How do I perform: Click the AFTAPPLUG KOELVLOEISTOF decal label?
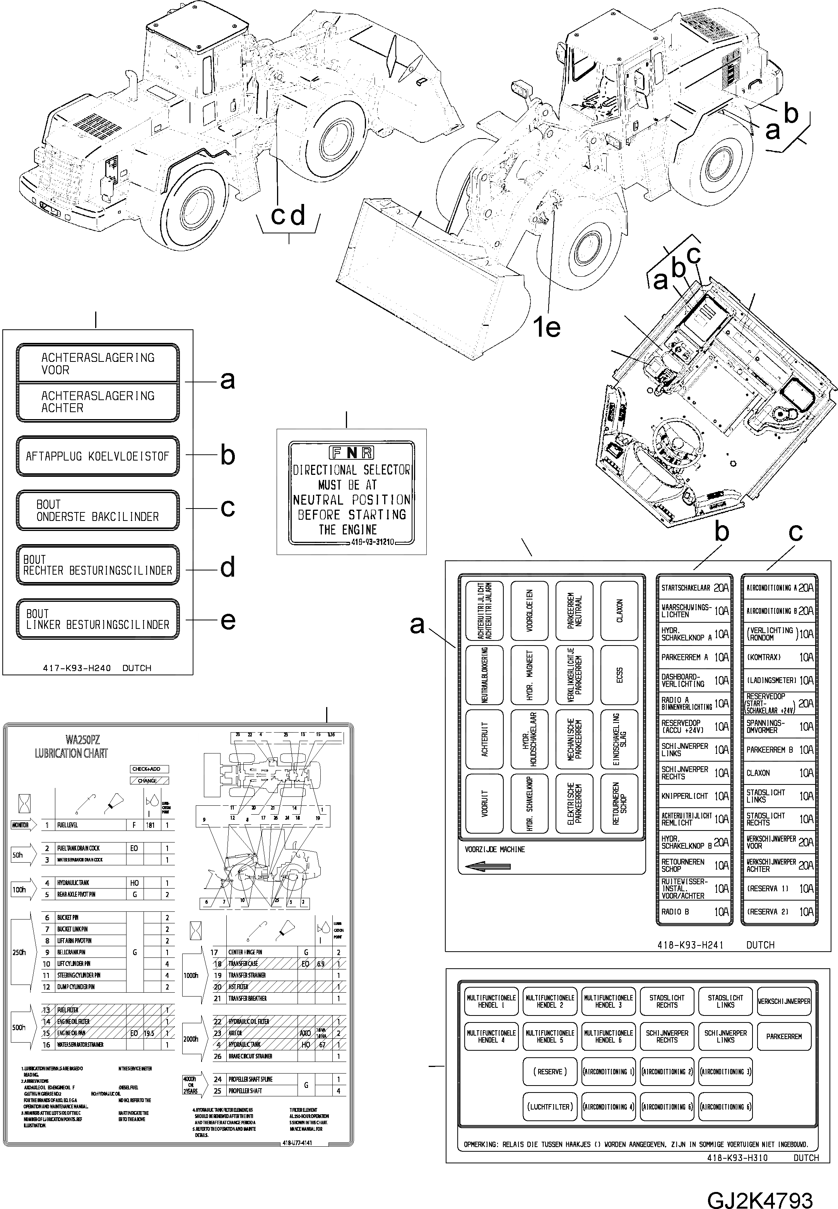click(x=97, y=456)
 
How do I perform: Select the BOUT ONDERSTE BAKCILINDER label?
click(x=97, y=510)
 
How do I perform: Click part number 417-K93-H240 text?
click(x=77, y=668)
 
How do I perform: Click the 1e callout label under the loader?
click(x=547, y=328)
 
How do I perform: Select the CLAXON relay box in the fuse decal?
click(x=619, y=610)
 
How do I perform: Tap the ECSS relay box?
click(x=619, y=675)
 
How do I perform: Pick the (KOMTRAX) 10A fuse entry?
click(x=779, y=657)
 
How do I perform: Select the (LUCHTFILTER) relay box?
click(x=549, y=1106)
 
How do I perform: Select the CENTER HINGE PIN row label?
click(x=245, y=952)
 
